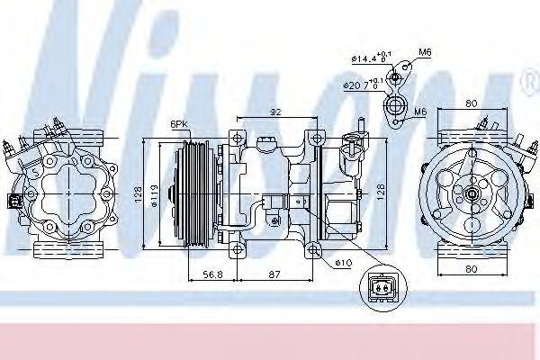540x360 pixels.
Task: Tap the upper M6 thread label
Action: click(x=425, y=52)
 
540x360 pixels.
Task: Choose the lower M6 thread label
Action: click(x=420, y=112)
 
